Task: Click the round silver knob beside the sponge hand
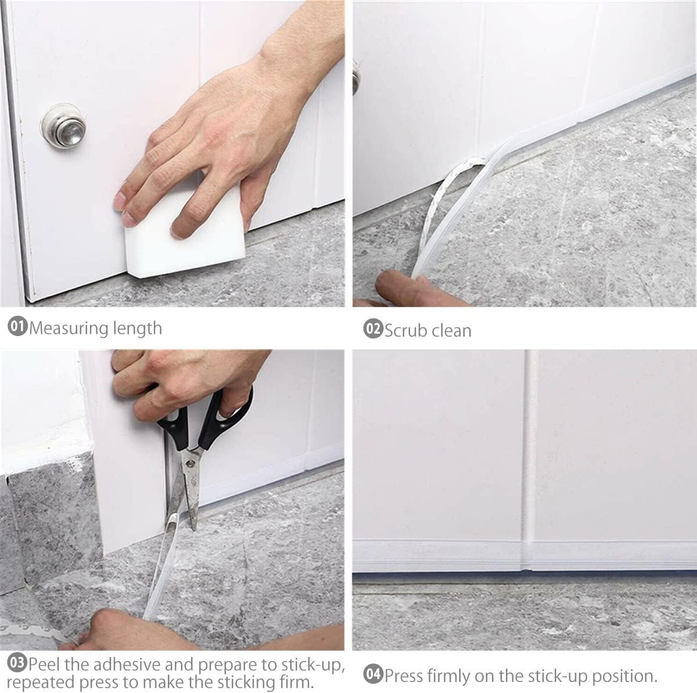coord(63,125)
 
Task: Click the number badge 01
coord(17,327)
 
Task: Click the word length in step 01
coord(138,329)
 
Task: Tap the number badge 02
coord(373,330)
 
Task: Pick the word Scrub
coord(405,330)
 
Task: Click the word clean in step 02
coord(450,330)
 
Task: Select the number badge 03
coord(17,663)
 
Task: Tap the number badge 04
coord(373,675)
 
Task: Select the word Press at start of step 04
coord(404,676)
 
